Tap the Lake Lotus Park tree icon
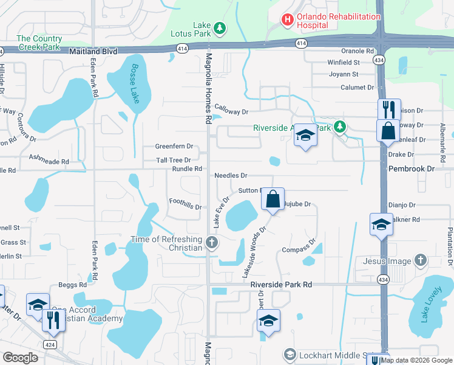click(220, 28)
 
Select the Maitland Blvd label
click(93, 52)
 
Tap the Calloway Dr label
click(231, 111)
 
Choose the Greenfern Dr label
click(174, 147)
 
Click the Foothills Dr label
click(185, 204)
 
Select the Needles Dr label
click(231, 175)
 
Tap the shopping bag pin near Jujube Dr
click(273, 200)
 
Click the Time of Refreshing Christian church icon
click(211, 243)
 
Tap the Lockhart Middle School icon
click(290, 355)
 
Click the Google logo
click(21, 358)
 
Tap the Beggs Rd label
click(72, 285)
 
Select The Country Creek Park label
click(39, 43)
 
